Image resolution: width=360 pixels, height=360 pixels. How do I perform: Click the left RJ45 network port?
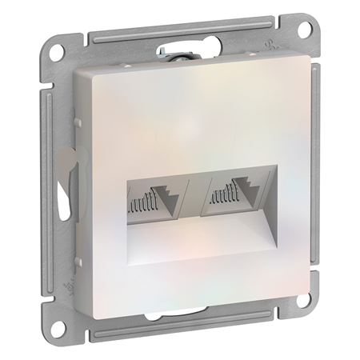[x=156, y=199]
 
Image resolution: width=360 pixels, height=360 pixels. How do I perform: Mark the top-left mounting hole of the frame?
[x=58, y=50]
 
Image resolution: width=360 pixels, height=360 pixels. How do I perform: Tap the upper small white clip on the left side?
[x=77, y=122]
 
